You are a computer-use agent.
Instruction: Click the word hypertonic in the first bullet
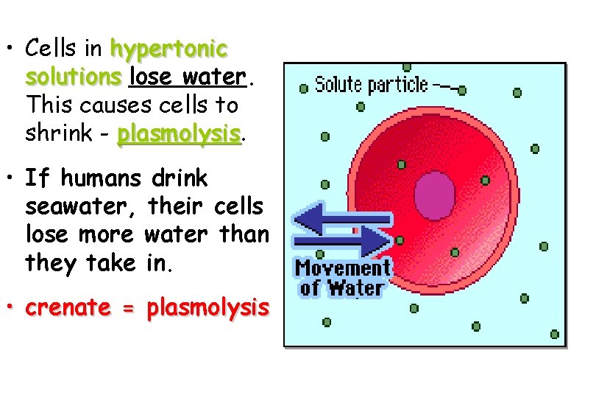tap(168, 49)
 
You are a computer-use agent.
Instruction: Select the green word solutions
tap(73, 77)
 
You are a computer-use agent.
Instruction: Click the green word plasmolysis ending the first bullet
tap(180, 133)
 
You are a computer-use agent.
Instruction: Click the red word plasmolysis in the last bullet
tap(208, 307)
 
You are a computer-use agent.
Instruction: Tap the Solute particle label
tap(371, 85)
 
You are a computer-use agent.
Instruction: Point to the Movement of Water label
tap(343, 276)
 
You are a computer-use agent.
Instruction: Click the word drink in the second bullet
tap(179, 178)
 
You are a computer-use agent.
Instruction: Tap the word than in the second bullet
tap(244, 234)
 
